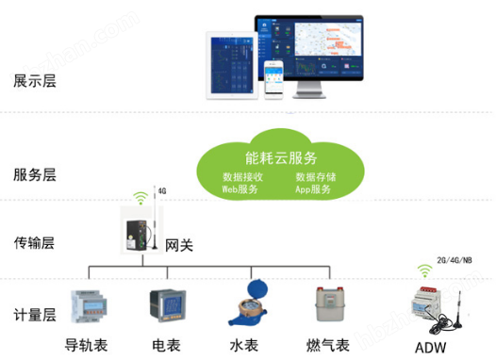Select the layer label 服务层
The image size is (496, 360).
coord(36,174)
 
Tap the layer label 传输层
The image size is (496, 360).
coord(36,243)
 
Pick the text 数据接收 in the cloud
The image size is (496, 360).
coord(241,176)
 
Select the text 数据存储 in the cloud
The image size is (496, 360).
coord(313,176)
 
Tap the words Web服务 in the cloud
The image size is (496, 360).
coord(240,189)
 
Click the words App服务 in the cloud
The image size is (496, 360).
coord(313,189)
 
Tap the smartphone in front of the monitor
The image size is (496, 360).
coord(274,77)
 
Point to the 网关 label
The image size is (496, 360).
coord(179,246)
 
